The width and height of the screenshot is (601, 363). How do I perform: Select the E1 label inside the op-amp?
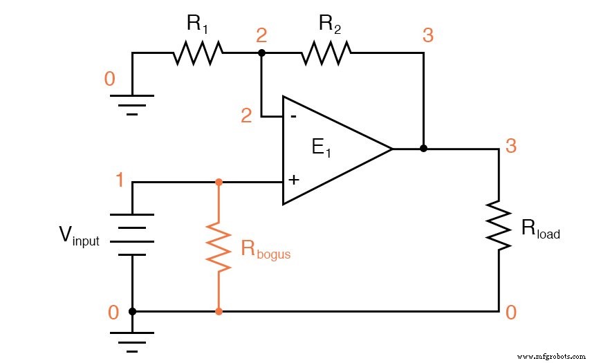pyautogui.click(x=321, y=148)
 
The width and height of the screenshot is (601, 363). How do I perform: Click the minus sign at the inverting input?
pyautogui.click(x=293, y=115)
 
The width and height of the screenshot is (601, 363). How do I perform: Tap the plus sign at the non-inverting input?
pyautogui.click(x=293, y=180)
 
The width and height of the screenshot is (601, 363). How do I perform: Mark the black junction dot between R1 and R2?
pyautogui.click(x=261, y=53)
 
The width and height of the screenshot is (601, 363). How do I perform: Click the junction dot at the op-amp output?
pyautogui.click(x=423, y=149)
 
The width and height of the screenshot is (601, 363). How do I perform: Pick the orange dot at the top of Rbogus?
pyautogui.click(x=219, y=183)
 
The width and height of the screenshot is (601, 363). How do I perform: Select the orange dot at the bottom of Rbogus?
pyautogui.click(x=219, y=312)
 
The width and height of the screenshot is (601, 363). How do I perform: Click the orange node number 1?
pyautogui.click(x=120, y=181)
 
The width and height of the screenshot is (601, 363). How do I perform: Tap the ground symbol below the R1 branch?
pyautogui.click(x=132, y=103)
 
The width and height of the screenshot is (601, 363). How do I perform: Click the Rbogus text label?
pyautogui.click(x=266, y=250)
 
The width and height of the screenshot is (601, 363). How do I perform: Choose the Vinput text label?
pyautogui.click(x=78, y=239)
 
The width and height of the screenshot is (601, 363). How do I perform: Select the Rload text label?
pyautogui.click(x=540, y=231)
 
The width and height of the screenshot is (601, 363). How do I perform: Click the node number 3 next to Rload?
pyautogui.click(x=510, y=146)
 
